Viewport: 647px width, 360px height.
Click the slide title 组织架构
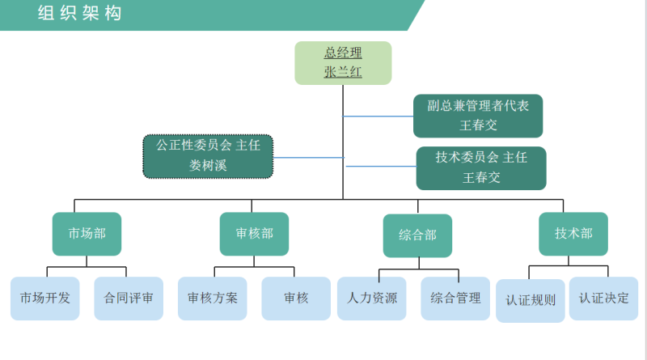click(79, 13)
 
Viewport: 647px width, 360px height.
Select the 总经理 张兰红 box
click(343, 62)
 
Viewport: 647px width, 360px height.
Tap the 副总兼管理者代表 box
click(477, 116)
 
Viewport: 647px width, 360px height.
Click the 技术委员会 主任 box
click(480, 167)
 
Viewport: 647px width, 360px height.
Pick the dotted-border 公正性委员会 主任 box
click(208, 155)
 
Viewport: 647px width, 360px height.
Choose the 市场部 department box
click(87, 234)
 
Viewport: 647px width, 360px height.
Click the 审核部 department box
click(254, 234)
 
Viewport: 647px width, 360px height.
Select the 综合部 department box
click(417, 235)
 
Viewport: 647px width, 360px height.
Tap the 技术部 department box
click(573, 234)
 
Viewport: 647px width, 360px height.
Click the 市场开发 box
click(45, 298)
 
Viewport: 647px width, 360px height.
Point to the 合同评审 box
click(129, 298)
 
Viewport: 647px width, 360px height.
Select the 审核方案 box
click(213, 298)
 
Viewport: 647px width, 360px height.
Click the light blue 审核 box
click(296, 298)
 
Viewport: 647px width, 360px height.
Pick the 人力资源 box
click(372, 298)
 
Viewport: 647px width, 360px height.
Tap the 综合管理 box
click(455, 298)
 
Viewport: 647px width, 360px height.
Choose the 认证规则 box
click(531, 300)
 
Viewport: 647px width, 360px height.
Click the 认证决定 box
click(603, 298)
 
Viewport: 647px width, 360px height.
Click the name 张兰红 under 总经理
click(343, 72)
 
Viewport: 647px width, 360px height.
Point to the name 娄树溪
click(208, 166)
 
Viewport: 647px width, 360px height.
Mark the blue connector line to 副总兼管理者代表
click(378, 116)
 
